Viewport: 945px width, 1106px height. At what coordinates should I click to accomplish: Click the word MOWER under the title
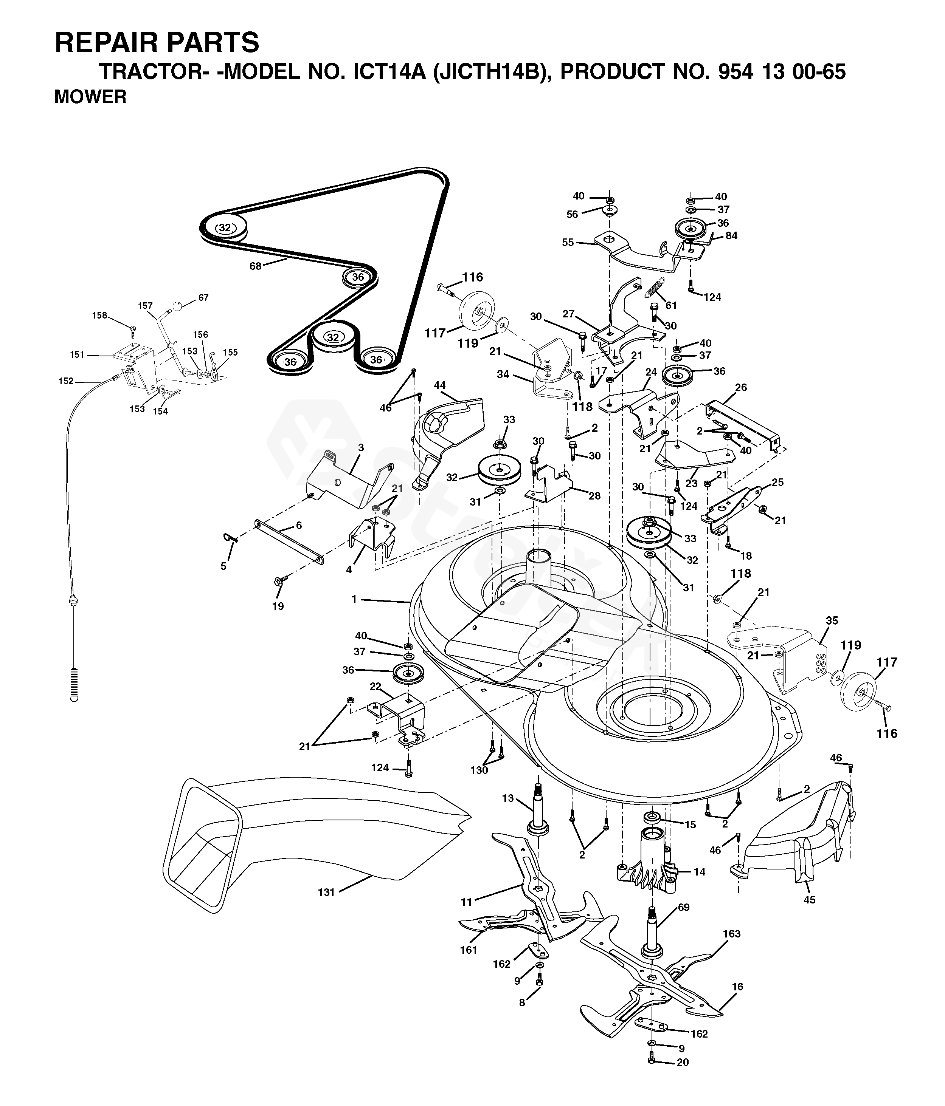90,97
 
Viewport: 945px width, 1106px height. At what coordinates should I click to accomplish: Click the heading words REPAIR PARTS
157,42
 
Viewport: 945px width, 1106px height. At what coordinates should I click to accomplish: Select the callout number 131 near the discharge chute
326,892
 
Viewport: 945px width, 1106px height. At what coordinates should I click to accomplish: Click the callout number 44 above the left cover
440,385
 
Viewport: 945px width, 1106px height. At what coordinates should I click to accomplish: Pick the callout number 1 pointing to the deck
354,599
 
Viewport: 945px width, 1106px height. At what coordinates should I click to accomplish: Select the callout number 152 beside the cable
66,381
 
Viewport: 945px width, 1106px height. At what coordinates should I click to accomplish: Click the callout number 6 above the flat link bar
299,525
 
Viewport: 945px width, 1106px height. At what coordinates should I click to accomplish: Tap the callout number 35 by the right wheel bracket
832,621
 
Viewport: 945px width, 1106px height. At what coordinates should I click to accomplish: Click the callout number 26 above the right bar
740,388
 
